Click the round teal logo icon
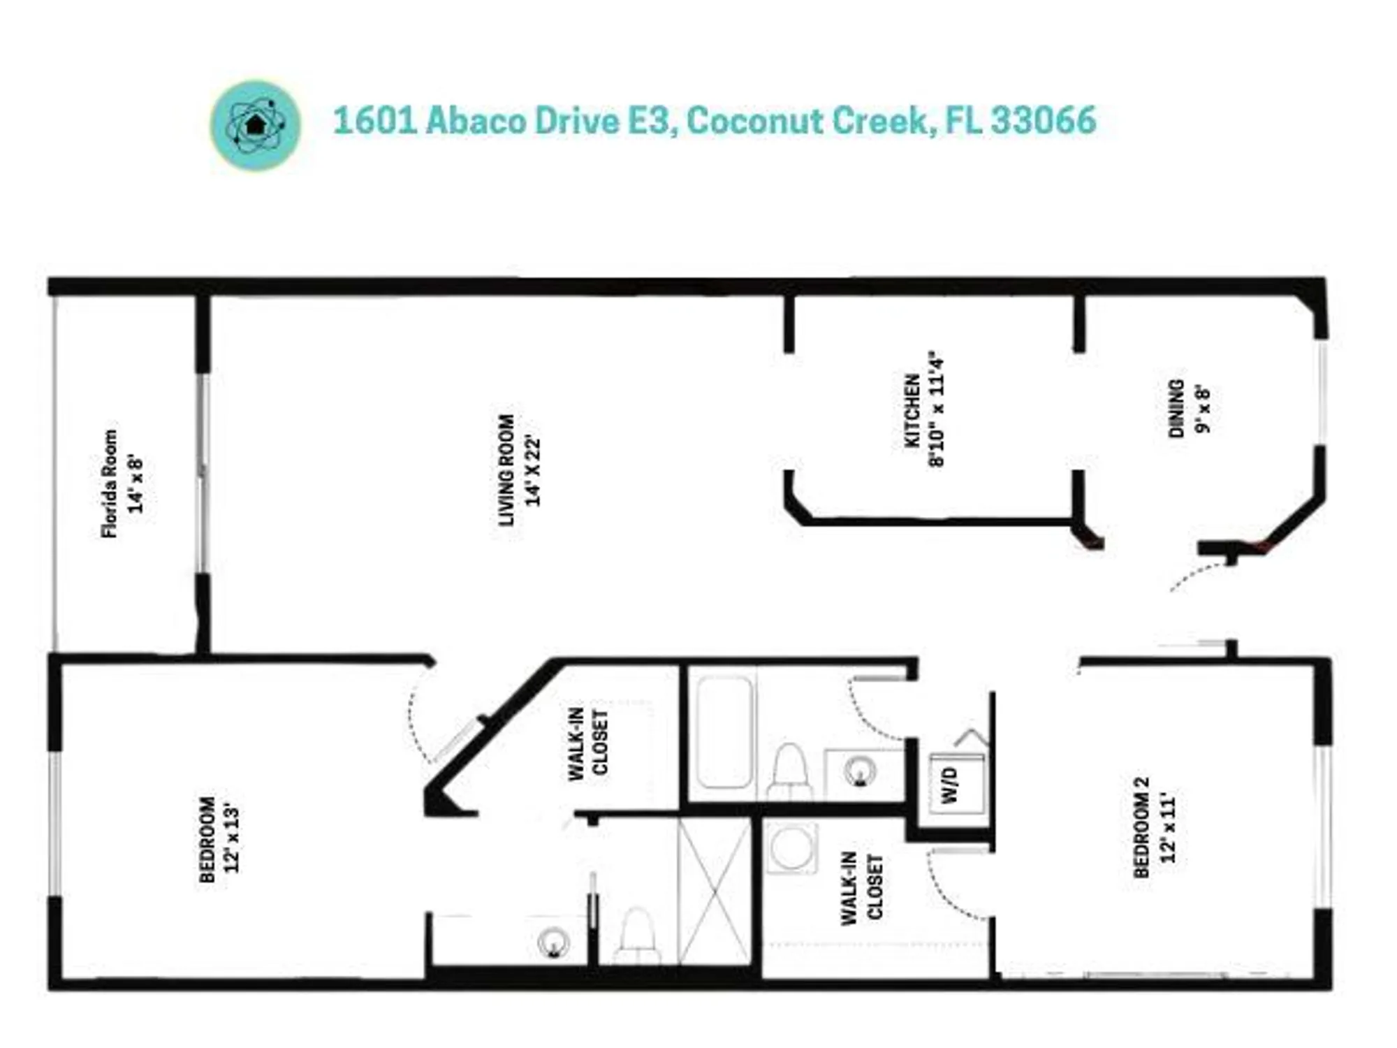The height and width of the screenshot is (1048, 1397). [x=256, y=126]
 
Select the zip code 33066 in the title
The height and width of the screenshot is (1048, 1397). [x=1044, y=120]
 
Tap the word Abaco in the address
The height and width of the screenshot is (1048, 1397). [x=476, y=120]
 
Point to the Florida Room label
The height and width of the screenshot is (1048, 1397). [x=110, y=483]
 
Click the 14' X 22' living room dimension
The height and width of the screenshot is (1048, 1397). [x=534, y=470]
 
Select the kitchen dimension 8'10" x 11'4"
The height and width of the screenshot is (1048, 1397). [x=936, y=409]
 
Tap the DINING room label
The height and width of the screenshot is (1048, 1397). [x=1176, y=409]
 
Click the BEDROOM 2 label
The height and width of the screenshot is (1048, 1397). [x=1141, y=827]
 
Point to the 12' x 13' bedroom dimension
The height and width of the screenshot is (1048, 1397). [x=232, y=839]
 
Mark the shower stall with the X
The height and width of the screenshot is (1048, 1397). [x=715, y=891]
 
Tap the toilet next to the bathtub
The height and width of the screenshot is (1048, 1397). [x=790, y=771]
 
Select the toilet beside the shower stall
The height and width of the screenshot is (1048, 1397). [x=637, y=936]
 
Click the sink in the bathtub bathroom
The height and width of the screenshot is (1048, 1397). [x=859, y=771]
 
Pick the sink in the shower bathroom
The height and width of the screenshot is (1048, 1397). [x=553, y=943]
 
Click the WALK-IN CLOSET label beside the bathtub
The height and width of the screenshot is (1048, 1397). [x=589, y=744]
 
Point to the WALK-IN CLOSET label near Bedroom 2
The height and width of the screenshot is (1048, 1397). [x=862, y=888]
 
